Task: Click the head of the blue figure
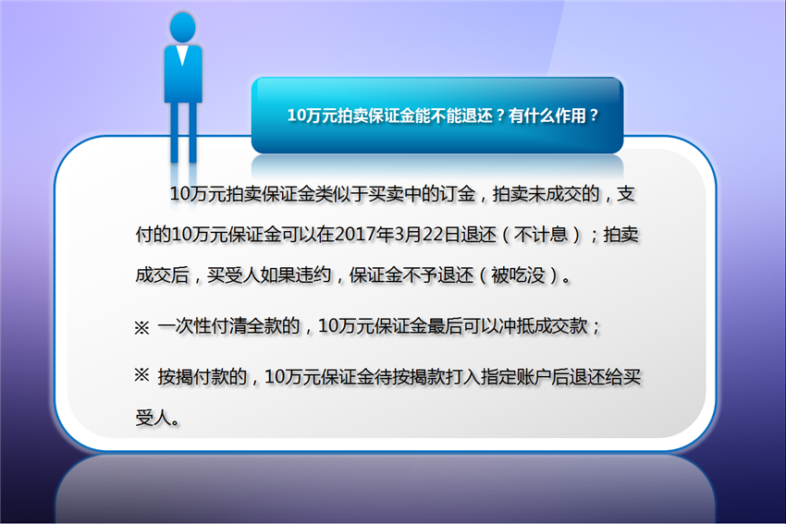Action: tap(182, 27)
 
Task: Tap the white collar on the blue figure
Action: tap(182, 55)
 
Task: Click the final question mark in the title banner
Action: tap(594, 116)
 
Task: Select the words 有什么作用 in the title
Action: tap(547, 116)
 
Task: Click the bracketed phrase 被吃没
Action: tap(518, 275)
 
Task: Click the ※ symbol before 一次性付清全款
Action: tap(141, 328)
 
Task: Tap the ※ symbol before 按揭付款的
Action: tap(141, 374)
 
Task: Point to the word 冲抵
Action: tap(516, 326)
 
